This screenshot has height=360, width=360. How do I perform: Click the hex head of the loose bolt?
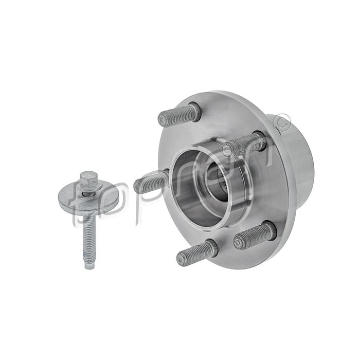click(88, 180)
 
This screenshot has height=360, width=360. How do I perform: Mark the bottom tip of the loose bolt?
click(89, 265)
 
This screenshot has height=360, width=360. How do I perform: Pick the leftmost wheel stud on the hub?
click(150, 182)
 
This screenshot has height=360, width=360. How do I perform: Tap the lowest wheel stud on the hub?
click(195, 253)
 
